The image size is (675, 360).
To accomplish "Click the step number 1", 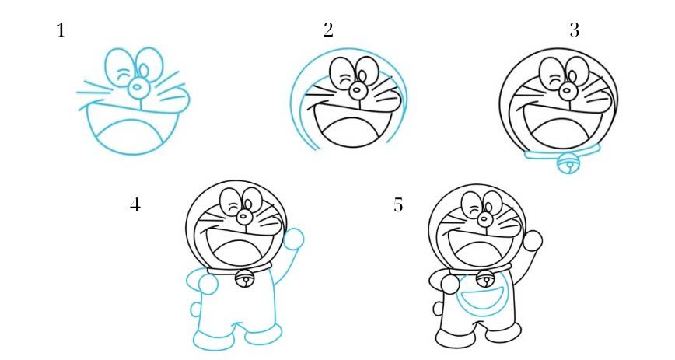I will tap(61, 31).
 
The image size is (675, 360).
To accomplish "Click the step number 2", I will tap(328, 31).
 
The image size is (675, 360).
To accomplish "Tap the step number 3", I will tap(574, 31).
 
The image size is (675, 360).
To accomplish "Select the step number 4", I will tap(135, 206).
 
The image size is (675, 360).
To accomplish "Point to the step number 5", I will tap(398, 206).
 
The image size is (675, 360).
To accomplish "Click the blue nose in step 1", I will tap(137, 86).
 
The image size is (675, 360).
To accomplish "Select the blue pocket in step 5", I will tap(482, 299).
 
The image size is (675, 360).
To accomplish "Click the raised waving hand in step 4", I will tap(293, 238).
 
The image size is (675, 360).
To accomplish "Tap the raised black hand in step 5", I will tap(533, 239).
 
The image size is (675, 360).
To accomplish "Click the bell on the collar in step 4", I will tap(245, 278).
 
